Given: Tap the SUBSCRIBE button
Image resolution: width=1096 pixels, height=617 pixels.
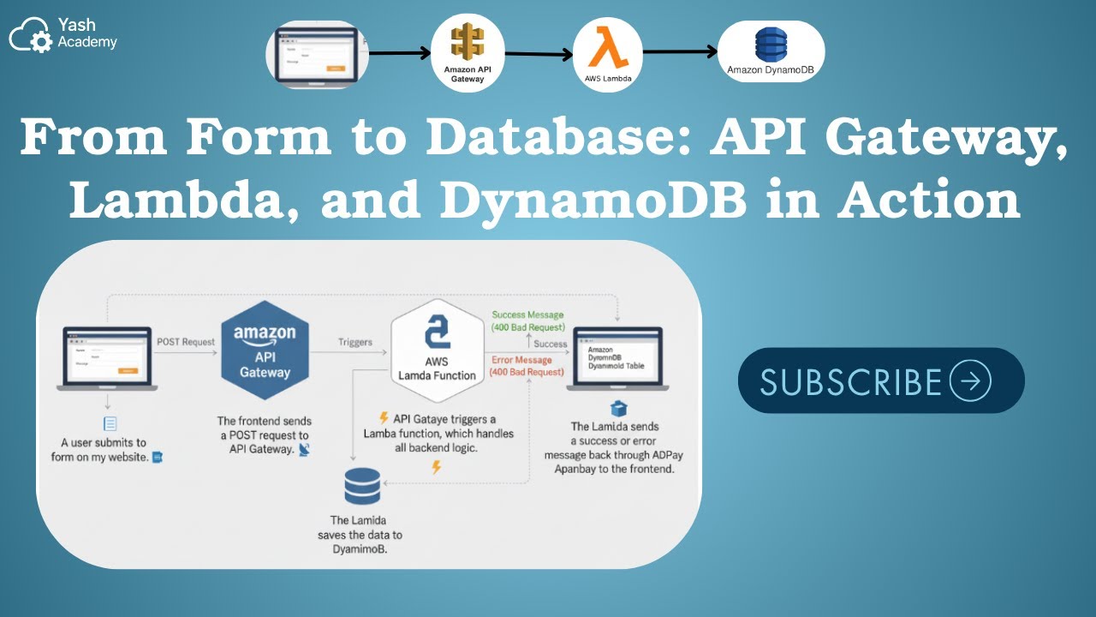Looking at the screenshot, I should click(x=881, y=380).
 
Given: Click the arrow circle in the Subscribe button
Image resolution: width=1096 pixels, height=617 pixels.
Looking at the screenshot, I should click(x=970, y=380).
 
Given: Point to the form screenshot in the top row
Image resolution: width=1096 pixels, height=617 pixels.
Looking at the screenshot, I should click(x=316, y=54).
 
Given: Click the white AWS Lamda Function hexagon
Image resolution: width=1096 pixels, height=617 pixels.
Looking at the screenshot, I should click(x=437, y=350).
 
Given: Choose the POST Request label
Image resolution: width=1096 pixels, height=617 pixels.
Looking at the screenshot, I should click(x=186, y=342).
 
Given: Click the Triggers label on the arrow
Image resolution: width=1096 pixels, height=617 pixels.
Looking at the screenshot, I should click(x=355, y=342).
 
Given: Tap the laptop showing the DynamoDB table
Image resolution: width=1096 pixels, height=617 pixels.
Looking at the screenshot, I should click(x=618, y=357).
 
